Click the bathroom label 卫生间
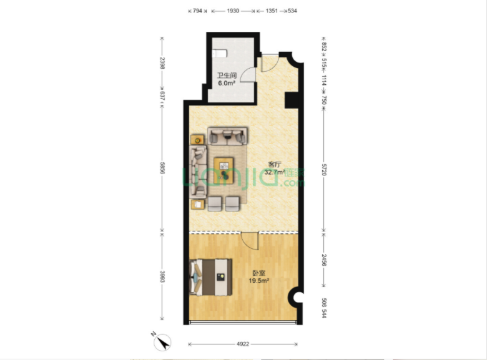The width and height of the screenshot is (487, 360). tap(227, 75)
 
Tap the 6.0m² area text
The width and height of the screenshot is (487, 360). tap(227, 83)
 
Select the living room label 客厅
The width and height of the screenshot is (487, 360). tap(274, 164)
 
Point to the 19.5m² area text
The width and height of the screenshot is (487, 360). tap(258, 281)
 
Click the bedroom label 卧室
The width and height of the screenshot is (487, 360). tap(258, 273)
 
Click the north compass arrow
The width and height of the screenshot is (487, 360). tap(162, 343)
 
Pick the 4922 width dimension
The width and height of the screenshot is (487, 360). tap(243, 344)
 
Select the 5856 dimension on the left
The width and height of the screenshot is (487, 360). tap(162, 168)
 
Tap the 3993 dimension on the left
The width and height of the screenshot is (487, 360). tap(162, 276)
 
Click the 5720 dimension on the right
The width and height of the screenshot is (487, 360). tap(324, 170)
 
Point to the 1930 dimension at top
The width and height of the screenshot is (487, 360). tap(233, 11)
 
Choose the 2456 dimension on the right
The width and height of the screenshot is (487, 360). tap(324, 260)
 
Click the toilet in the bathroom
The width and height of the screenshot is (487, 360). tap(219, 54)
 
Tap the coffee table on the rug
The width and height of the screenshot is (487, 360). tap(224, 170)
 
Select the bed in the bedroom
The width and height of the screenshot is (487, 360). tap(211, 277)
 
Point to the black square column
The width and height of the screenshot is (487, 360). tap(292, 100)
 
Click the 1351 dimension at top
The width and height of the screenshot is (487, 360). tap(272, 11)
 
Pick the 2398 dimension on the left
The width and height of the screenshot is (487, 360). tap(162, 63)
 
